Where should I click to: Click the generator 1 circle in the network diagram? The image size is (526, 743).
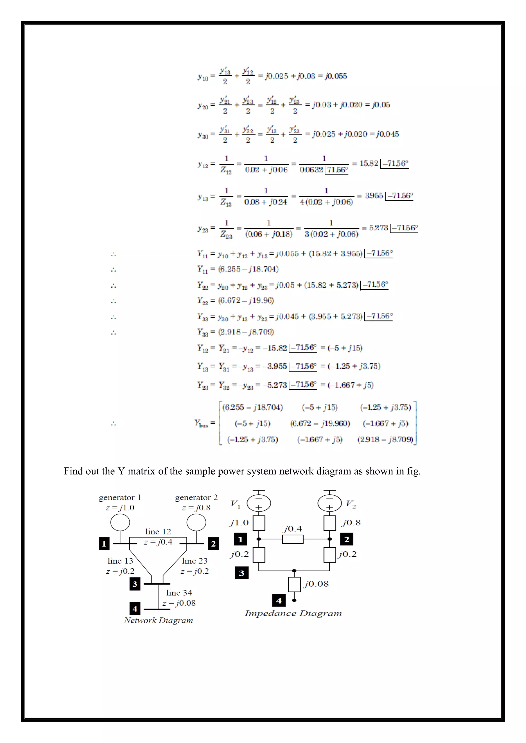120,523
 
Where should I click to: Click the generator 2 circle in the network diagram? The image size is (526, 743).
196,523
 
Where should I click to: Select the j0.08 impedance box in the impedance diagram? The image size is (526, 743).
294,584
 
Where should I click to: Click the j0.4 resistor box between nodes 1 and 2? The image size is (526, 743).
293,539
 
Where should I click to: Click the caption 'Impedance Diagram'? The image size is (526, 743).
293,613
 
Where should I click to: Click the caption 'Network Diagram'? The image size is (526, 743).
158,620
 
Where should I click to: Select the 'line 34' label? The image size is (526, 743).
179,592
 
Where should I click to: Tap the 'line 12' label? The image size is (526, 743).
158,531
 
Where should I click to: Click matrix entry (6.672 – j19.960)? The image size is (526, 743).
320,423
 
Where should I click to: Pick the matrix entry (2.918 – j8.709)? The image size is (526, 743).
385,439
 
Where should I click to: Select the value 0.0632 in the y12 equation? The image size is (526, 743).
311,170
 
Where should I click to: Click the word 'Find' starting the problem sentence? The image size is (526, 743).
73,471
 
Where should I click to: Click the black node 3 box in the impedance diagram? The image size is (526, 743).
242,573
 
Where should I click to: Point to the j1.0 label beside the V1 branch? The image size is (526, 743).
239,523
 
